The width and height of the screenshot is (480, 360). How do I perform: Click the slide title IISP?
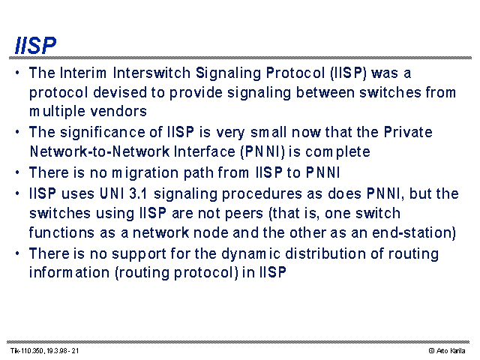click(35, 46)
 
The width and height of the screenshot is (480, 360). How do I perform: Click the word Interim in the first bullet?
click(83, 73)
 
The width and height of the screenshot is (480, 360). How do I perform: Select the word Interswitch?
click(151, 73)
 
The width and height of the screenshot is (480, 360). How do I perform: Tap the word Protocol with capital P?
click(295, 73)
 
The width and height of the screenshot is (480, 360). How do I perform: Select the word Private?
click(408, 132)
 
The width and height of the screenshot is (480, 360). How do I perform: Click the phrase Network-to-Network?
click(100, 151)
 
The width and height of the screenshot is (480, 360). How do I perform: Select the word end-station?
click(413, 232)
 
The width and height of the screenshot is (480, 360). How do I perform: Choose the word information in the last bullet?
click(69, 272)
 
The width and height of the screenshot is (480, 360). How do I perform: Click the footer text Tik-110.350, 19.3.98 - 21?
click(45, 350)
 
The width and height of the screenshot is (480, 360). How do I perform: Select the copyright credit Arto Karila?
click(451, 350)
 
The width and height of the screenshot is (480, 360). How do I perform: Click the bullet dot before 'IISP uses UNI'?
click(17, 194)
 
